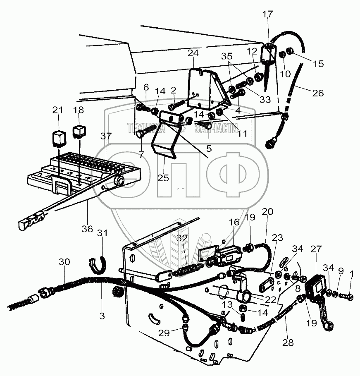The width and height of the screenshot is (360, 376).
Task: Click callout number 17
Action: (268, 14)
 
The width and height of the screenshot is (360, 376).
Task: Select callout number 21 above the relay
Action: (58, 110)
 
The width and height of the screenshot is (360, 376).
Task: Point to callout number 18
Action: (79, 110)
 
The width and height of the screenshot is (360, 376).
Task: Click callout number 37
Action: (106, 136)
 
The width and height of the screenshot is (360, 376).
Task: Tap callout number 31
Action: (103, 234)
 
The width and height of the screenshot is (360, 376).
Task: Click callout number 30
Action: (65, 262)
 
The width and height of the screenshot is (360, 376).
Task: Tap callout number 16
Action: (235, 223)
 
